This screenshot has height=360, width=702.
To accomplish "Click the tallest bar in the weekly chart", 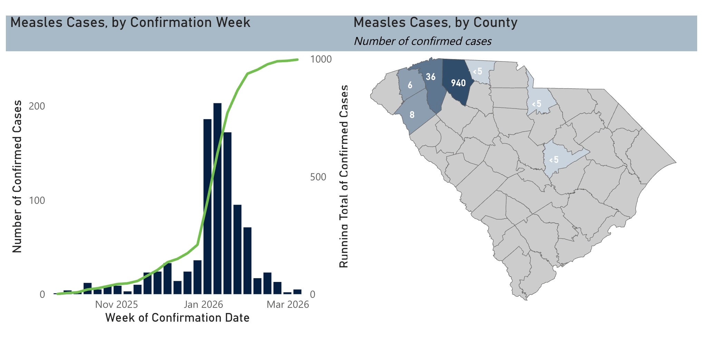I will click(217, 199).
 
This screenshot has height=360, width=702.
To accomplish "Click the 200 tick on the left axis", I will click(37, 106).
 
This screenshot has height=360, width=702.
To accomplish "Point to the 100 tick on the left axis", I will click(37, 200).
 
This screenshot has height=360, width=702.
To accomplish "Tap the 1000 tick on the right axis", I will click(321, 59).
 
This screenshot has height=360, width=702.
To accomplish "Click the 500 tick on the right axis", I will click(318, 177).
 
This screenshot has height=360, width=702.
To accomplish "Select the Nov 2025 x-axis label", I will click(116, 304).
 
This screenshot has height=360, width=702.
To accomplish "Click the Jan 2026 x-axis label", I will click(203, 304).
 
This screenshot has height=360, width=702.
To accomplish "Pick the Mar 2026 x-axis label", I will click(288, 304).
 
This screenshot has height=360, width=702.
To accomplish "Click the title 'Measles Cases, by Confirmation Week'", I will click(130, 22).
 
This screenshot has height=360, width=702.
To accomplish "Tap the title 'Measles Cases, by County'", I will click(435, 22).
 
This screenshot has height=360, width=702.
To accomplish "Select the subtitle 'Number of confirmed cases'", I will click(423, 41).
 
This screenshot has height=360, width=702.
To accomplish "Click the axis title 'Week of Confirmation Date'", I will click(177, 318).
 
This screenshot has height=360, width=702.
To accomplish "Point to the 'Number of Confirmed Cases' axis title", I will click(17, 176).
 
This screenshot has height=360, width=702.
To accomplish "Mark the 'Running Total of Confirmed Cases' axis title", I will click(344, 176).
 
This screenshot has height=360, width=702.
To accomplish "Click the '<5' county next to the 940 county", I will click(478, 72).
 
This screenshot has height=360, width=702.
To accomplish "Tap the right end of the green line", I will click(297, 60).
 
